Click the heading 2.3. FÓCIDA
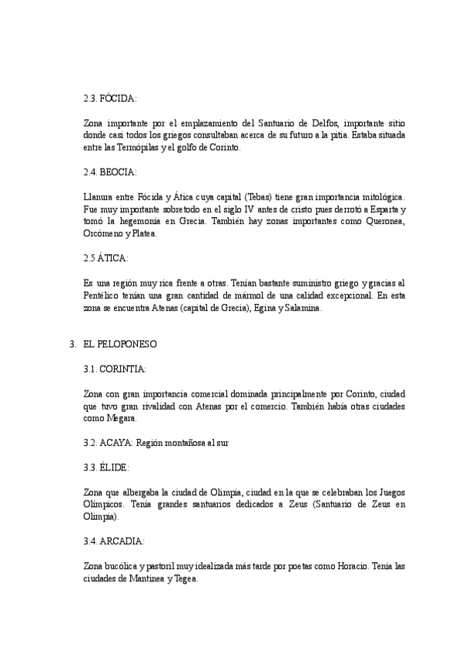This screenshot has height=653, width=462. (110, 99)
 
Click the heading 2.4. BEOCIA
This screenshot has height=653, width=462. (110, 172)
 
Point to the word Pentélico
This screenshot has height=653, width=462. (102, 295)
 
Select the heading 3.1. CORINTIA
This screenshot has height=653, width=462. (115, 369)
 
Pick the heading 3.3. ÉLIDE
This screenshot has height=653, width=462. (106, 467)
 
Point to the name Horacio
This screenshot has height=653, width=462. (354, 566)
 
